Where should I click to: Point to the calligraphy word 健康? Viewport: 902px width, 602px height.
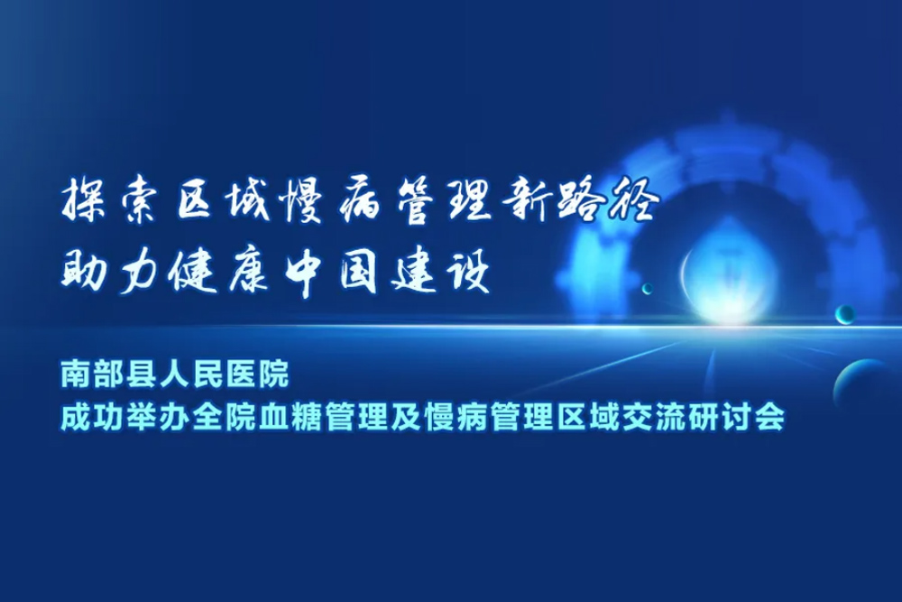coord(218,273)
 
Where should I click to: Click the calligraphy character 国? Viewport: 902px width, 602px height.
coord(358,273)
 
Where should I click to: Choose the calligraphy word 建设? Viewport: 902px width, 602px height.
coord(440,273)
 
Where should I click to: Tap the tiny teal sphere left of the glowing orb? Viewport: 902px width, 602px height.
coord(648,288)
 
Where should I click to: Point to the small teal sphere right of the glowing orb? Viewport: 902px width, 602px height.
coord(845,314)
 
